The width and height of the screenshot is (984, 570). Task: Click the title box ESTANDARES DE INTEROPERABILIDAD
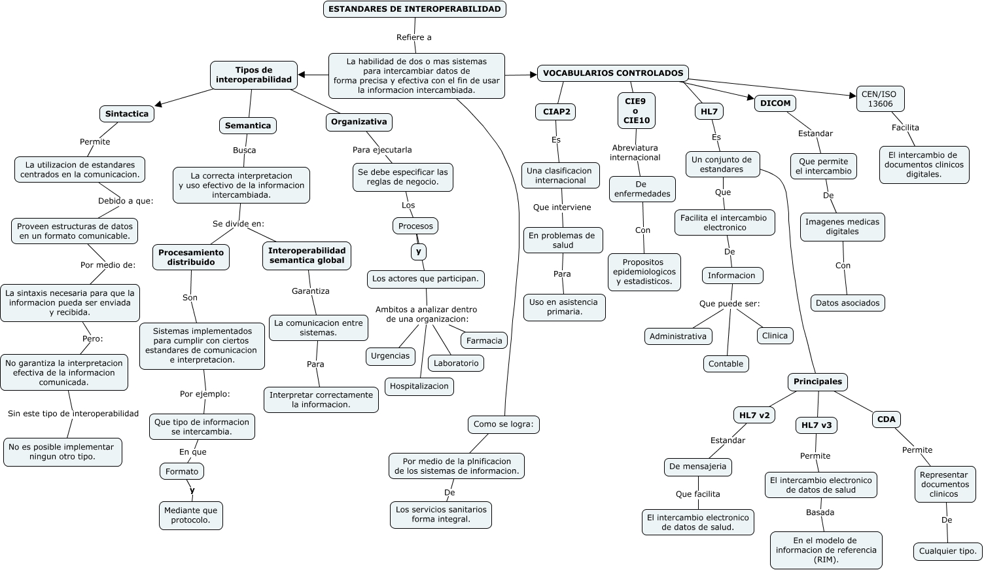click(415, 9)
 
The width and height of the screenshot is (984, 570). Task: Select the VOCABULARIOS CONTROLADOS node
click(613, 73)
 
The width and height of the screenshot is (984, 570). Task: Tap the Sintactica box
click(127, 114)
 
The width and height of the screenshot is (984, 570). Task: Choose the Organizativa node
click(359, 122)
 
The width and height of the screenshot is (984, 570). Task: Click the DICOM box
click(775, 103)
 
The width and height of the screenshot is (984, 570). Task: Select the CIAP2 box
click(555, 112)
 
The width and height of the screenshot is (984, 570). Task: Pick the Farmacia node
click(484, 340)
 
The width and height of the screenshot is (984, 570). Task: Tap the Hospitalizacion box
click(419, 386)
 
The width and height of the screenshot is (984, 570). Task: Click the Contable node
click(726, 364)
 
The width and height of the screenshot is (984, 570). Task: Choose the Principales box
click(818, 382)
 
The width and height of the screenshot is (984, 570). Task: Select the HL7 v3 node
click(817, 425)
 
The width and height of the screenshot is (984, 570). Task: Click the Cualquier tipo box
click(947, 551)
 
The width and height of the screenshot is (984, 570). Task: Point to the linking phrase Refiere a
click(413, 37)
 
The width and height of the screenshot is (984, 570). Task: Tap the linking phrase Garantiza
click(311, 291)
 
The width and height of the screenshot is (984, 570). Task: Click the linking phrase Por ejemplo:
click(205, 394)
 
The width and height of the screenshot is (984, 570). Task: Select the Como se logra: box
click(503, 425)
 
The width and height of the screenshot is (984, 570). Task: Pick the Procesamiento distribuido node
click(191, 257)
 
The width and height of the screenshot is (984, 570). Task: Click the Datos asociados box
click(847, 303)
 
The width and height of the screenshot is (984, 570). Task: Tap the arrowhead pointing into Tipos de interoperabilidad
click(302, 75)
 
